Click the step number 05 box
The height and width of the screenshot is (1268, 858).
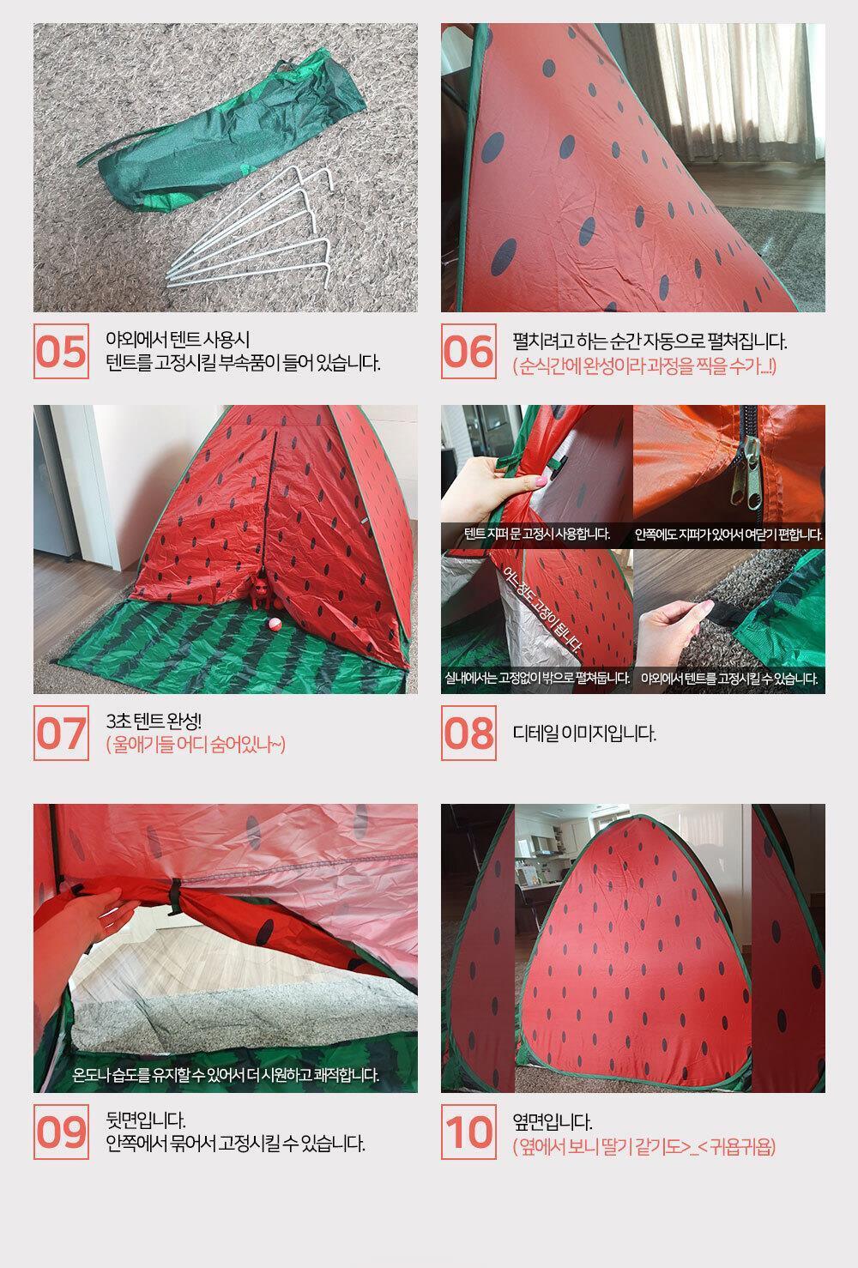click(x=61, y=351)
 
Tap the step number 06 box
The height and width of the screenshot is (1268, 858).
click(x=468, y=351)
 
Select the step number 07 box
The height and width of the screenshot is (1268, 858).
click(x=61, y=733)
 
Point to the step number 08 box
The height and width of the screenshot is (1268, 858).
click(x=468, y=733)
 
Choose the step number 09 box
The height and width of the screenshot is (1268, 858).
click(x=61, y=1132)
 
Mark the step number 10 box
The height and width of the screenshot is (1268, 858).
click(x=468, y=1132)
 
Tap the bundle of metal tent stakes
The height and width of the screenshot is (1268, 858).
click(x=249, y=226)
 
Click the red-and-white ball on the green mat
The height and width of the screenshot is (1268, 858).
click(x=275, y=624)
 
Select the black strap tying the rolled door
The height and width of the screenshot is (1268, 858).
click(x=175, y=894)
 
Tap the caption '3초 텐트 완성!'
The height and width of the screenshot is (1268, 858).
click(x=154, y=722)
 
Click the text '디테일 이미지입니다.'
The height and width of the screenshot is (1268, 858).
click(x=584, y=734)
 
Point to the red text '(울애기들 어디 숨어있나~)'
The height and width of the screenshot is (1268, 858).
click(x=196, y=745)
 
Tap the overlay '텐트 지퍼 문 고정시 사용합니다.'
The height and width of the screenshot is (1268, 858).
click(x=536, y=534)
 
